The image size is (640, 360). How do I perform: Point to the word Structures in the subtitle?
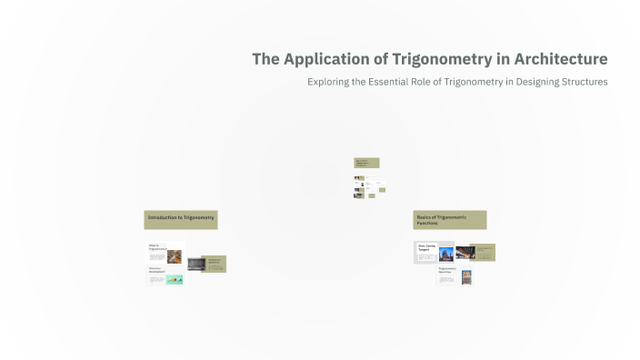581,82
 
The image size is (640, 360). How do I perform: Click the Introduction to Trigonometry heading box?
181,219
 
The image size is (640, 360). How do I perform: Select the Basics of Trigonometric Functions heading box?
449,220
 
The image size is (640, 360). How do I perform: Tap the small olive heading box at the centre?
366,163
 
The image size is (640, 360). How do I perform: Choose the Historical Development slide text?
156,270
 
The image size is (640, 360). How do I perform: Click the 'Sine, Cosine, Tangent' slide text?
426,246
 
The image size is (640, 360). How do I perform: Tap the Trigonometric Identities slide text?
447,270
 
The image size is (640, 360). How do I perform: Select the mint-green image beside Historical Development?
175,280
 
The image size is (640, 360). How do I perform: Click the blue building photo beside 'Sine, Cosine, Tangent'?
446,254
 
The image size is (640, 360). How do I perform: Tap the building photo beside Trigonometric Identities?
466,276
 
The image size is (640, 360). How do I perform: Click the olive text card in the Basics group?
483,252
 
